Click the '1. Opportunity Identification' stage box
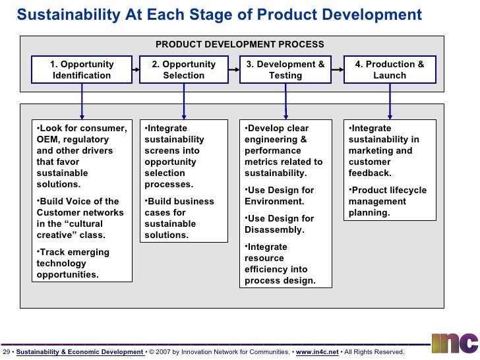[x=82, y=70]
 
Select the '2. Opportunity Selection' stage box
[x=183, y=70]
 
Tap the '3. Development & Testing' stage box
[x=285, y=70]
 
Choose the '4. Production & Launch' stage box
[x=390, y=70]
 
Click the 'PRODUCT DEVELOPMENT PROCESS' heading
[x=239, y=45]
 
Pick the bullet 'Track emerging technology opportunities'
[x=73, y=263]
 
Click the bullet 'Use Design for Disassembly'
[x=279, y=224]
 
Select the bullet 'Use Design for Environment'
[x=279, y=196]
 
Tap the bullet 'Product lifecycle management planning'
[x=388, y=202]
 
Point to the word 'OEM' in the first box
[x=48, y=140]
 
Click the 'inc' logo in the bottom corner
[x=455, y=343]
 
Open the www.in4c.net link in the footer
[x=317, y=353]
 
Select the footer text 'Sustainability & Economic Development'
[x=79, y=353]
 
